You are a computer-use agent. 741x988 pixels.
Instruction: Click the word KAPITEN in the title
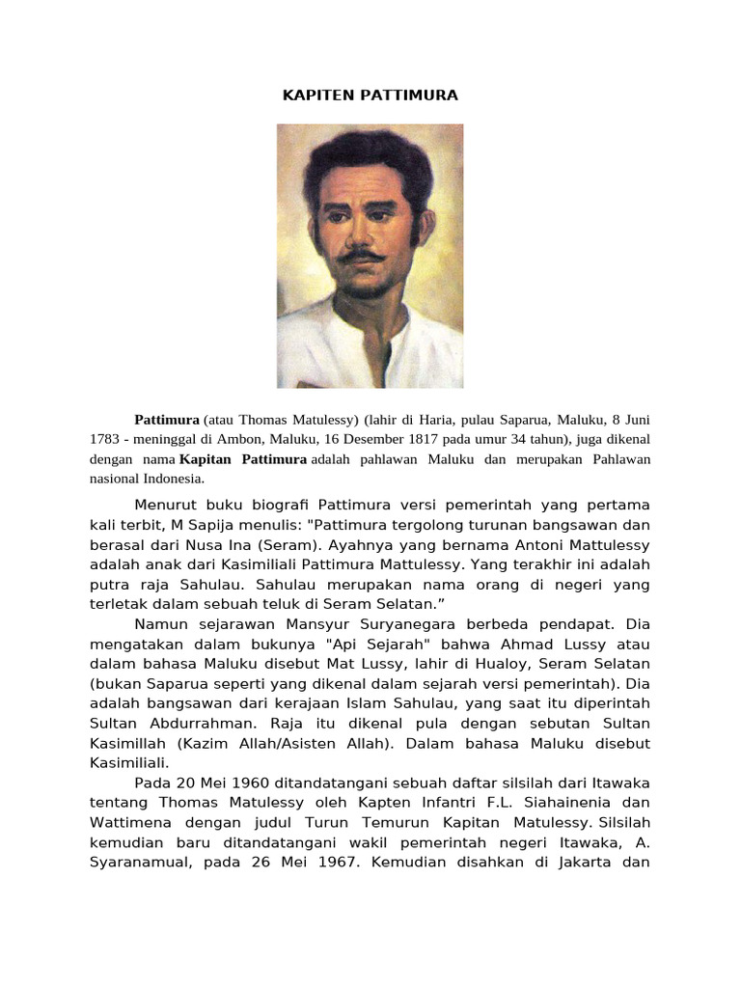[x=312, y=96]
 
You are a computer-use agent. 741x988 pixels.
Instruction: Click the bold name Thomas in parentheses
[x=263, y=421]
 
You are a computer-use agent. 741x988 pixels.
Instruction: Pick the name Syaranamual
[x=140, y=863]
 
